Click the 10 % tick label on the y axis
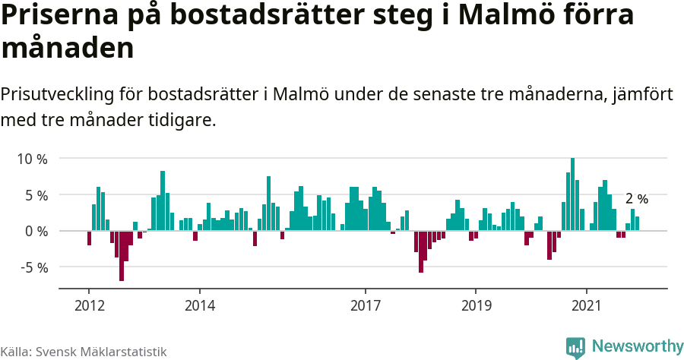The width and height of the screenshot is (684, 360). pos(32,159)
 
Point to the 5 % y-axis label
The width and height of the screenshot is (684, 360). pos(36,195)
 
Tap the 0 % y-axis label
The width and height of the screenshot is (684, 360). pos(36,231)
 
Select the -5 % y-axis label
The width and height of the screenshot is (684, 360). pos(33,267)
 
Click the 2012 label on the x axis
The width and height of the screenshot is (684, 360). pos(89,305)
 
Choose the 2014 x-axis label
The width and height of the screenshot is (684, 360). pos(199,305)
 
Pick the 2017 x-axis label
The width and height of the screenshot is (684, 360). pos(366,305)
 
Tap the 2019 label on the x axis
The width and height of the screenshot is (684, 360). pos(476,305)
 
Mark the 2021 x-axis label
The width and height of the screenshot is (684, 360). pos(587,305)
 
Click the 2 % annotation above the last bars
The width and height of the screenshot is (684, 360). pos(636,199)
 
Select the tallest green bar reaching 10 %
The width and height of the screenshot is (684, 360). pos(572,194)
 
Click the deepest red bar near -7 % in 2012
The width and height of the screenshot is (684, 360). pos(122,256)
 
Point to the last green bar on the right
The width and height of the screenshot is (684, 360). pos(637,223)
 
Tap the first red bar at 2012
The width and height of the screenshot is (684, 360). pos(89,238)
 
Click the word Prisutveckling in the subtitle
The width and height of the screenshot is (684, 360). pos(59,96)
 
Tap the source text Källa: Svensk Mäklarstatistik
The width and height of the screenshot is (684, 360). pos(83,352)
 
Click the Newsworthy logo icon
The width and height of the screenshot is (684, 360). pos(575,347)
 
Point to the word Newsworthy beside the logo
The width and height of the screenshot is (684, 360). pos(637,346)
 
